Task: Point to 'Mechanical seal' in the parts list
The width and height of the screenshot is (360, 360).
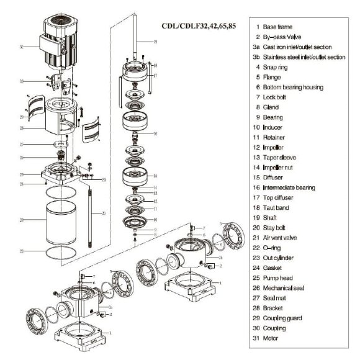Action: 286,288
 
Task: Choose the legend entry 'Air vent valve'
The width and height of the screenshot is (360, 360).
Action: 282,238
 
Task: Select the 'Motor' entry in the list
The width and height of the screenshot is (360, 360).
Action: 271,338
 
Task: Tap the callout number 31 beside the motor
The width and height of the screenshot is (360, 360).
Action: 22,47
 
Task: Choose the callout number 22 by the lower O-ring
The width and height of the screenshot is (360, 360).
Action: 22,251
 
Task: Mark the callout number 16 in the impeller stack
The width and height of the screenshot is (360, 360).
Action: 155,133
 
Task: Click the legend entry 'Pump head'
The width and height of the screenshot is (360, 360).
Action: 277,278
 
